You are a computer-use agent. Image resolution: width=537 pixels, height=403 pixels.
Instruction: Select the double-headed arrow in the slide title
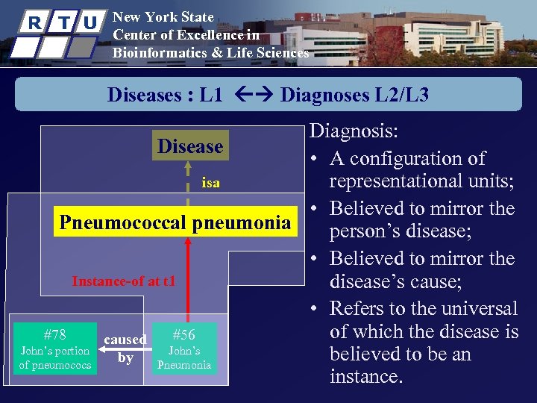[251, 95]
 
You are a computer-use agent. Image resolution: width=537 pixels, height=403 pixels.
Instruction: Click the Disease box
[190, 146]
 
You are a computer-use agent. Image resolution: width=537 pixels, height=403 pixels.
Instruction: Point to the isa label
[211, 183]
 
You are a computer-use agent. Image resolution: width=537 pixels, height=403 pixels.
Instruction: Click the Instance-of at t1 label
[124, 281]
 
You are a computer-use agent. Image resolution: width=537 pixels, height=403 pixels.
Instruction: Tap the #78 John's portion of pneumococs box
[55, 349]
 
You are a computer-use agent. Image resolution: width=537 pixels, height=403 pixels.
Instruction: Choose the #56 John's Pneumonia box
[183, 349]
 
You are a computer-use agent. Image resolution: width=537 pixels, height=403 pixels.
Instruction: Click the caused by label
[125, 349]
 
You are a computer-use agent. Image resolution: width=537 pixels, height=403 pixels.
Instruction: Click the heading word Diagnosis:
[354, 132]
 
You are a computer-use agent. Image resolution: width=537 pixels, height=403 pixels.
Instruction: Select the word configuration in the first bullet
[418, 158]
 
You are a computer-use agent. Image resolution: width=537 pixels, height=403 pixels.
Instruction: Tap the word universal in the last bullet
[480, 308]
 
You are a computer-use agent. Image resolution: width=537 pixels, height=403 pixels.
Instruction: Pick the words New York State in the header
[163, 17]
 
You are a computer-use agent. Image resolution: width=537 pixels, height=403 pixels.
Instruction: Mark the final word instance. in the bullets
[365, 377]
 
